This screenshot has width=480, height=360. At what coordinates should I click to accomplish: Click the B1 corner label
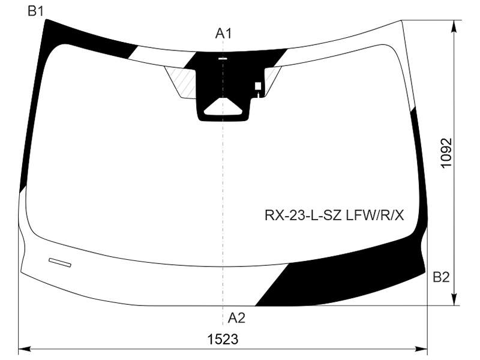35,11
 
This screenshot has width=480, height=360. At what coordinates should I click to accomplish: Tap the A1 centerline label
223,34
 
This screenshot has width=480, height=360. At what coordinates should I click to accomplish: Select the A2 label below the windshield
236,318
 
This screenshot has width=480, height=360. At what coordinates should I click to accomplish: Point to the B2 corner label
441,277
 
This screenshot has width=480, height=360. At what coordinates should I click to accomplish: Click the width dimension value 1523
223,339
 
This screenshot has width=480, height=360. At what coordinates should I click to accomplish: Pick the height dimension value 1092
446,153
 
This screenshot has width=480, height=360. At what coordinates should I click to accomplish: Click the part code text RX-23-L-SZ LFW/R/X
334,216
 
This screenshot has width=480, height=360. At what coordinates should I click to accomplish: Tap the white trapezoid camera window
223,107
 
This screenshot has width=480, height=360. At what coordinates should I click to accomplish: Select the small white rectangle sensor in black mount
258,86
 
